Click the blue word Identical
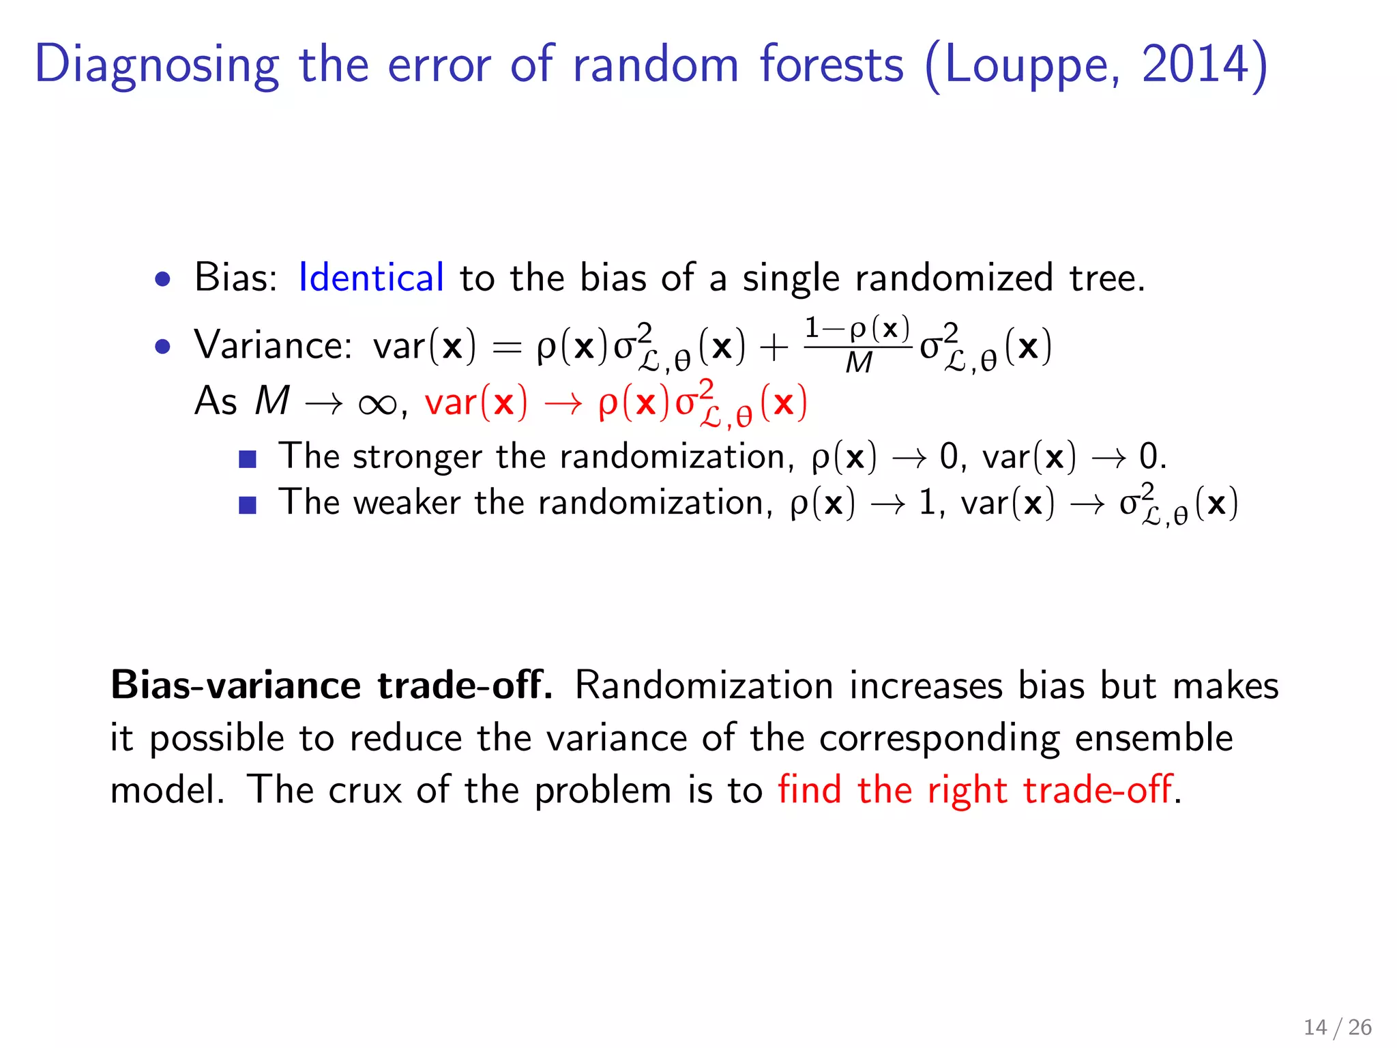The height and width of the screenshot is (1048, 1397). tap(371, 278)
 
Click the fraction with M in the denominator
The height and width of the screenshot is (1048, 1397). tap(857, 346)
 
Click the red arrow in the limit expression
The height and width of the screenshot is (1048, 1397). tap(563, 403)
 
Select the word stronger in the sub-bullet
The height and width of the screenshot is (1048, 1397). tap(417, 456)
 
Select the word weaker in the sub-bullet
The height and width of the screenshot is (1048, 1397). tap(407, 503)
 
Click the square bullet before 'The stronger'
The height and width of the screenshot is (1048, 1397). tap(248, 459)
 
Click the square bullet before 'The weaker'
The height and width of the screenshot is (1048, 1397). tap(248, 506)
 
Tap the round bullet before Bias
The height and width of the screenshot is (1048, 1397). tap(162, 279)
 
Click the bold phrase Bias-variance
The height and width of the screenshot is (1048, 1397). tap(235, 685)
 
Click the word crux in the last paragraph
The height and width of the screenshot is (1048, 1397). tap(365, 790)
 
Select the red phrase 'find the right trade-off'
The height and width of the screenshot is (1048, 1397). tap(975, 790)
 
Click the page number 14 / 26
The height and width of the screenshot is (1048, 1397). tap(1337, 1027)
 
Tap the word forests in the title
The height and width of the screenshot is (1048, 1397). tap(832, 65)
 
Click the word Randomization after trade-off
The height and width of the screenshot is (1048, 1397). tap(703, 685)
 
